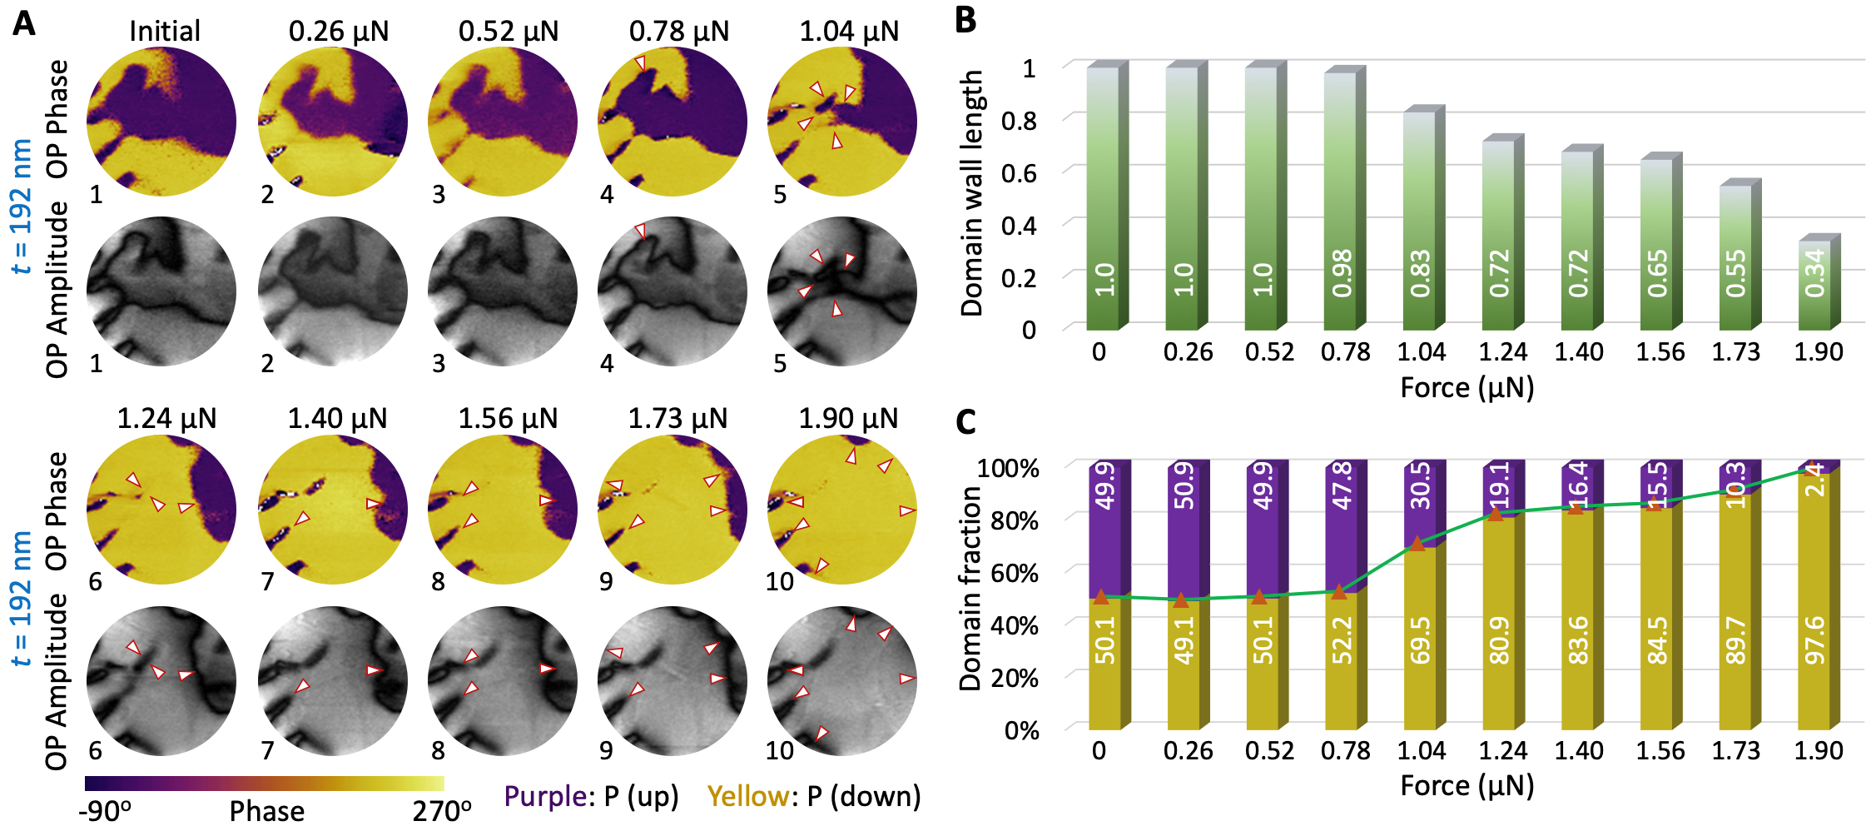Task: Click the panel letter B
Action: (965, 19)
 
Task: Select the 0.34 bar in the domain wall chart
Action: (1815, 283)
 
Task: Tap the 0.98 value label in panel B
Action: (1342, 273)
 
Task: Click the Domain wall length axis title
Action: (972, 193)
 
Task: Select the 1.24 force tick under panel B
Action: (1502, 352)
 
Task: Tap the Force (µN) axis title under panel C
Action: (1467, 785)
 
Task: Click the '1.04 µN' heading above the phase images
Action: (849, 32)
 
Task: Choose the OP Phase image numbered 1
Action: (161, 122)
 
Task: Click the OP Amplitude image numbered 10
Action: (842, 681)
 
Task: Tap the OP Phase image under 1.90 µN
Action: (842, 510)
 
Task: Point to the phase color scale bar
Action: (264, 784)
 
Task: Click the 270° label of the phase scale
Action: (442, 811)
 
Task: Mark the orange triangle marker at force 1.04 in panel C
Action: (1417, 544)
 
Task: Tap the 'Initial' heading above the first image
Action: (165, 32)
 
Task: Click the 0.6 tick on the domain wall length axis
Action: (1019, 173)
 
